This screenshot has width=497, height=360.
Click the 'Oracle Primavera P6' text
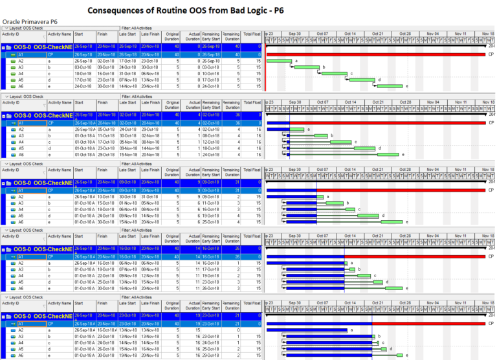(30, 21)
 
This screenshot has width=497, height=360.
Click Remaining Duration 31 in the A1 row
(232, 190)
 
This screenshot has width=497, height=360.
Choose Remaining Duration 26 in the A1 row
(232, 257)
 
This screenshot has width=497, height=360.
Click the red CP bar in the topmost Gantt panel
(375, 54)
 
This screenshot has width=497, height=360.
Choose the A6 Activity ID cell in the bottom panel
(21, 355)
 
